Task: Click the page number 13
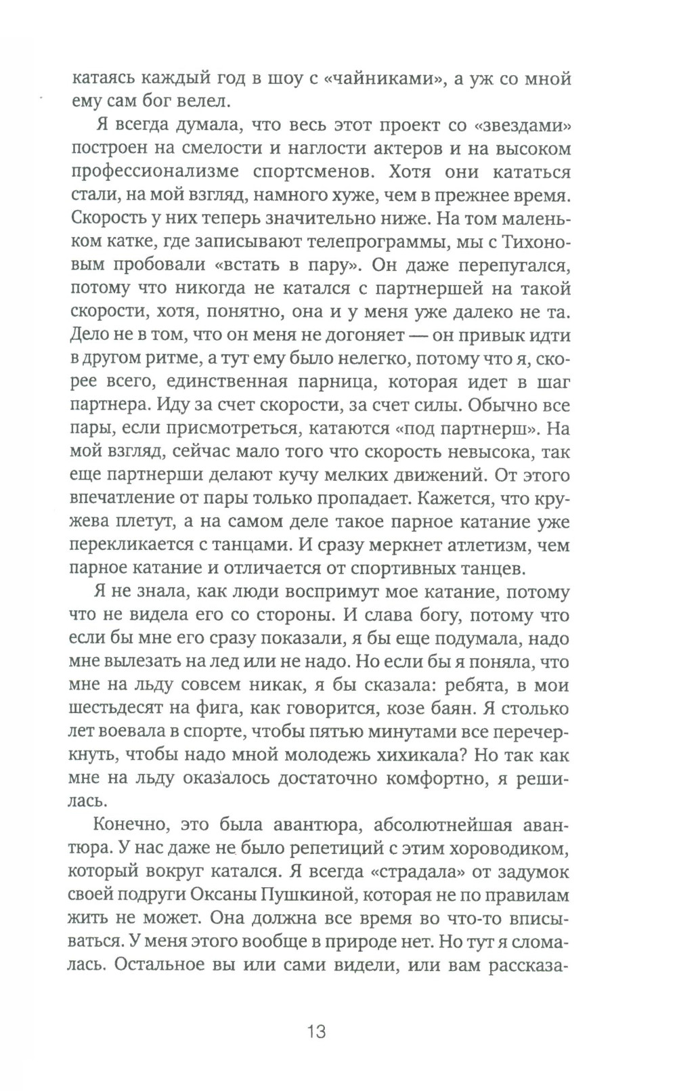[x=316, y=1031]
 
